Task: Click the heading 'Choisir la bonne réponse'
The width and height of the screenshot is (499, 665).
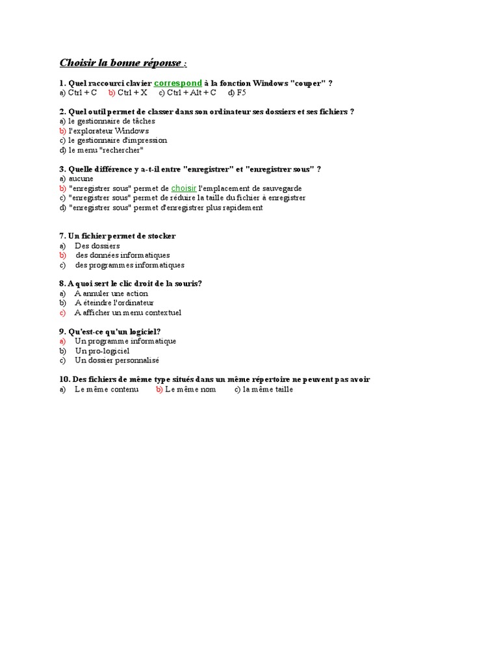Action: [121, 62]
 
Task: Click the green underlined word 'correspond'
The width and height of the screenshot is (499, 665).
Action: [178, 83]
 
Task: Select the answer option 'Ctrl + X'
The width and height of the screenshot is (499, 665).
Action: [133, 93]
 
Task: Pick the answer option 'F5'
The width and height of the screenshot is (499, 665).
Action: [241, 93]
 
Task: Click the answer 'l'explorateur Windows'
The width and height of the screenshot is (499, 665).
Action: [109, 131]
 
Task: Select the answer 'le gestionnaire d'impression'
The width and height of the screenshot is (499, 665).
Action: [118, 140]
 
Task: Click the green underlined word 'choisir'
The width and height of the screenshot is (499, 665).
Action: [183, 188]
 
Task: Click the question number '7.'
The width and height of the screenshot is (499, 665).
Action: [62, 236]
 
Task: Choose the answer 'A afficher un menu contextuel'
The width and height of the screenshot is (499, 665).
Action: [128, 312]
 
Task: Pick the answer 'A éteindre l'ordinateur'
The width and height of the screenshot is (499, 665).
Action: [114, 303]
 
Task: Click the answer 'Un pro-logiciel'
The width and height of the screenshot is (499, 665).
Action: [102, 351]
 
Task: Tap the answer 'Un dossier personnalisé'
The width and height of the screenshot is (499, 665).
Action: [117, 360]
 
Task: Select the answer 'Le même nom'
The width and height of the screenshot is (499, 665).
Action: [190, 390]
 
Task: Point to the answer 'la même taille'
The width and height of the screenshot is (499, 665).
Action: [268, 390]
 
